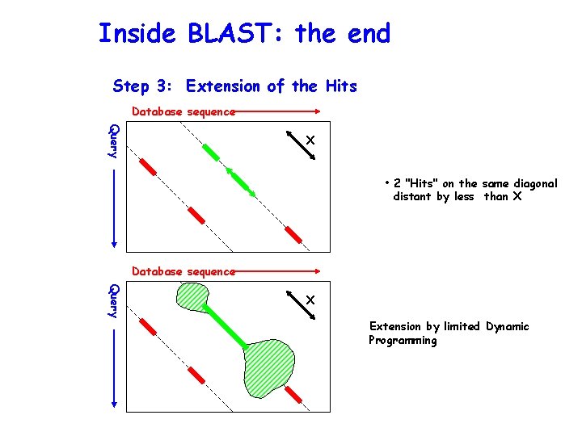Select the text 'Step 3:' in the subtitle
click(145, 86)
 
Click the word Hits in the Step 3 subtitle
click(338, 86)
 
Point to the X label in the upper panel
click(310, 141)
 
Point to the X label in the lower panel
click(310, 300)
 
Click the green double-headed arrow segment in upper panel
click(240, 181)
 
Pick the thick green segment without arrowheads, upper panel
click(211, 151)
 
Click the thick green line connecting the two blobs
click(226, 327)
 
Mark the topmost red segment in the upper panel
click(147, 166)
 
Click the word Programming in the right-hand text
click(403, 341)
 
